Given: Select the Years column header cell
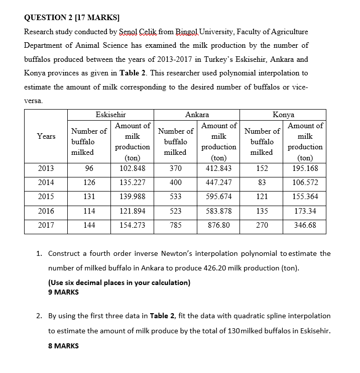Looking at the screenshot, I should click(x=46, y=136).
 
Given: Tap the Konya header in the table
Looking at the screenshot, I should click(x=283, y=115).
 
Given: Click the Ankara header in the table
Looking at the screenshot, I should click(x=197, y=115).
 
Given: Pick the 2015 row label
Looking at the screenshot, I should click(x=46, y=197).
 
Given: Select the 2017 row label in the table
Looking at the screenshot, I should click(x=46, y=225).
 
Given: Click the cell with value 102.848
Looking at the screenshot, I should click(x=133, y=168).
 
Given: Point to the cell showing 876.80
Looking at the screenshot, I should click(x=219, y=225).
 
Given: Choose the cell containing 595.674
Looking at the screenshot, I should click(x=219, y=197).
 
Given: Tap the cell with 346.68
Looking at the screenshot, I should click(x=305, y=225).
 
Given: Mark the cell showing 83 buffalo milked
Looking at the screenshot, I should click(x=262, y=182).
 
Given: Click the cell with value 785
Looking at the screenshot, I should click(x=176, y=225).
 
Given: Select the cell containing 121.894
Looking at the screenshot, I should click(x=133, y=211).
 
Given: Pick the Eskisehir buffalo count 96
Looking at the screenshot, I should click(x=89, y=168).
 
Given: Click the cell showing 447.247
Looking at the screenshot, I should click(x=219, y=182).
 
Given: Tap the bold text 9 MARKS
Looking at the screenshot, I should click(x=64, y=292).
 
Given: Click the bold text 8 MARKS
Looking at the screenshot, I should click(x=64, y=346).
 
